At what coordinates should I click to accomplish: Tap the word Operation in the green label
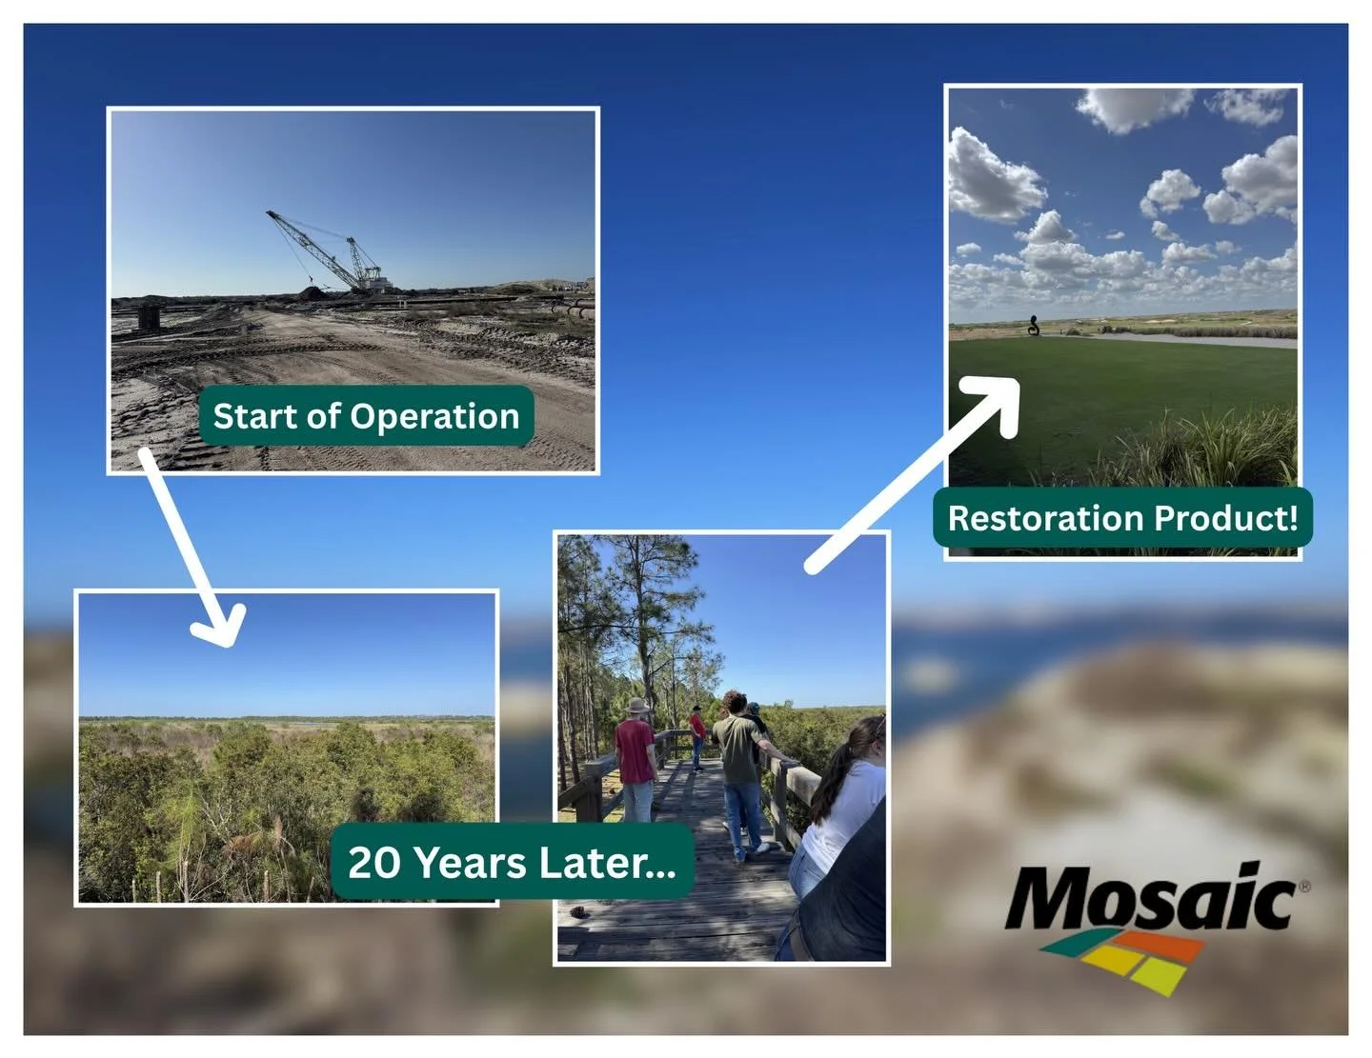point(434,417)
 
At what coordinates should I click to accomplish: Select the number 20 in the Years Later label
point(373,863)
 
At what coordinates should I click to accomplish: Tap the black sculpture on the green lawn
point(1034,326)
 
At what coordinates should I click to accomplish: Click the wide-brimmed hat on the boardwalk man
point(636,706)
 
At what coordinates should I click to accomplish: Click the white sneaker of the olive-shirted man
point(762,848)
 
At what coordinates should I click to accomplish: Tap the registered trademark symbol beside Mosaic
point(1303,887)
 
